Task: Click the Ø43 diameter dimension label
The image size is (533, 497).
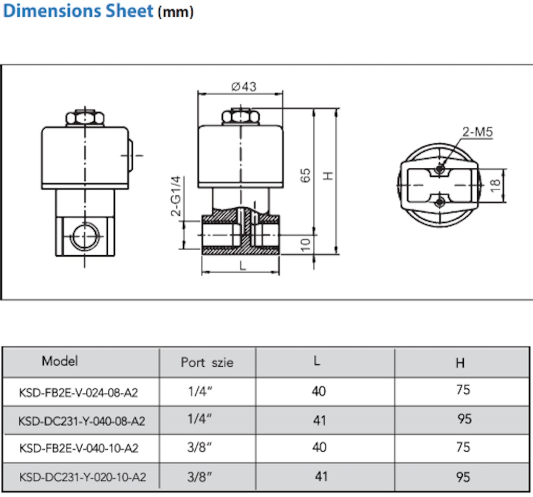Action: pyautogui.click(x=244, y=87)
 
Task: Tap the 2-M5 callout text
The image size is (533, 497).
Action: pyautogui.click(x=477, y=132)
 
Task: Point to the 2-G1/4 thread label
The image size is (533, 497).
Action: pyautogui.click(x=176, y=196)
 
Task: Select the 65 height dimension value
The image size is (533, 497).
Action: pyautogui.click(x=305, y=175)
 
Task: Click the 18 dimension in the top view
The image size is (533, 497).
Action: pyautogui.click(x=496, y=185)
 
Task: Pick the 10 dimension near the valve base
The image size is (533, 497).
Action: pyautogui.click(x=305, y=244)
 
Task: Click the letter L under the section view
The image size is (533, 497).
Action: pyautogui.click(x=243, y=266)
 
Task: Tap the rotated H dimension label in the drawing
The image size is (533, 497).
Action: pyautogui.click(x=328, y=176)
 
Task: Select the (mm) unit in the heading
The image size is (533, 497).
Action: pyautogui.click(x=175, y=12)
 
